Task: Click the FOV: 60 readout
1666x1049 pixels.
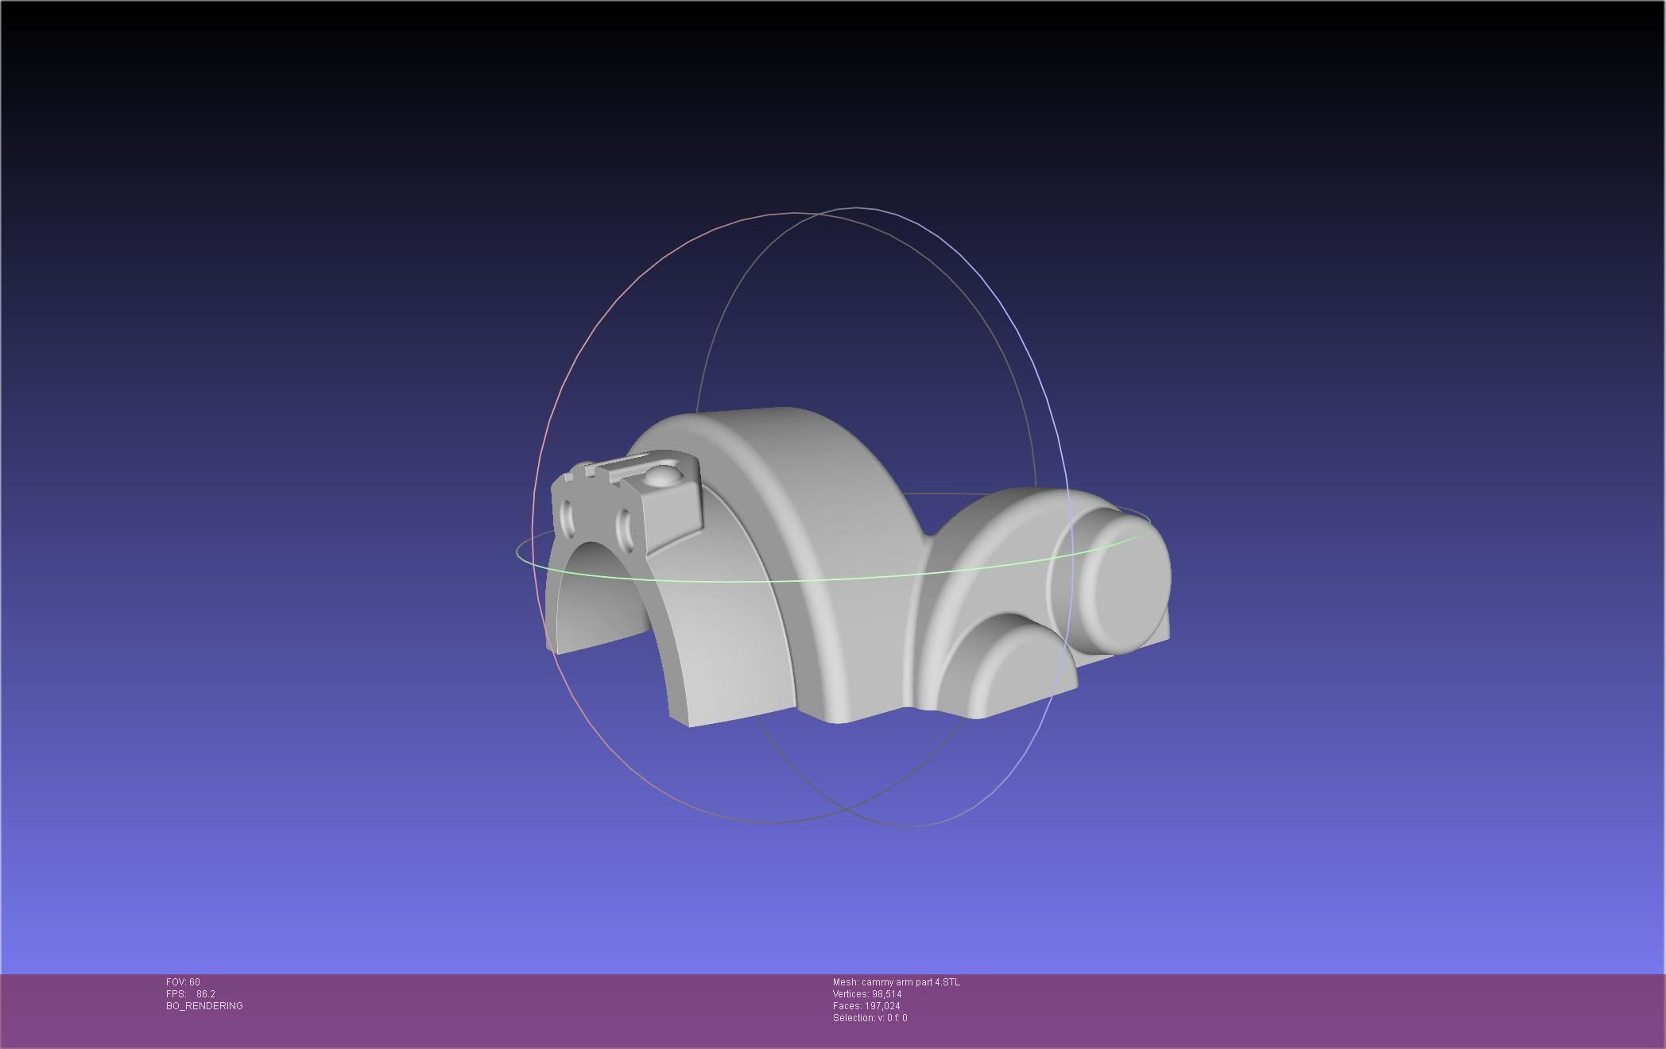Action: tap(183, 982)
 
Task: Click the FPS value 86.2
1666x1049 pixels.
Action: tap(205, 994)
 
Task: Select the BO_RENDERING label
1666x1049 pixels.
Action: tap(204, 1006)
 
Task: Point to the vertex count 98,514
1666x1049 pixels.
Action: tap(886, 994)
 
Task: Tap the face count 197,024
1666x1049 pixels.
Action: tap(882, 1006)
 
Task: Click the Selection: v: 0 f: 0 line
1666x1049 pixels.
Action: tap(870, 1018)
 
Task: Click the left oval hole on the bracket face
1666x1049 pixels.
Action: tap(567, 517)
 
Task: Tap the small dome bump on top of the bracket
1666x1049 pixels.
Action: tap(662, 476)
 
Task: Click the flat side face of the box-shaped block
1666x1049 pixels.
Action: tap(676, 509)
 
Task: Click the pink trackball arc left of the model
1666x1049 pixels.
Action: tap(556, 397)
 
